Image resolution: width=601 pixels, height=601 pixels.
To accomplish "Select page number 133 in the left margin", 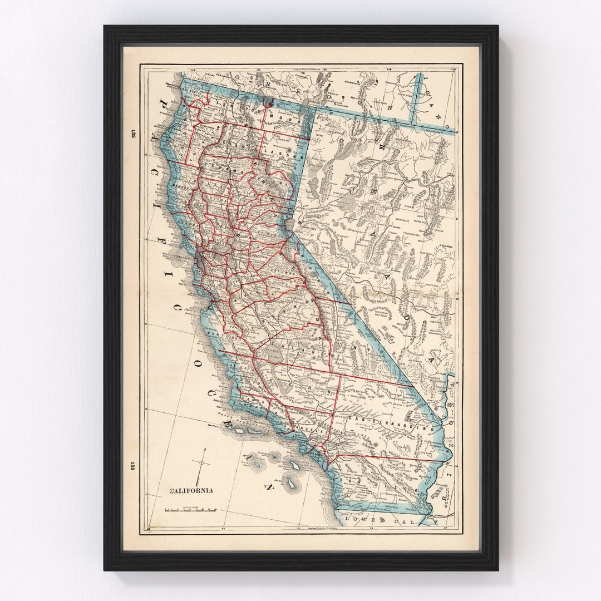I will coord(132,466).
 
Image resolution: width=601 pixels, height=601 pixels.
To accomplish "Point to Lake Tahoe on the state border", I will coord(289,225).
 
